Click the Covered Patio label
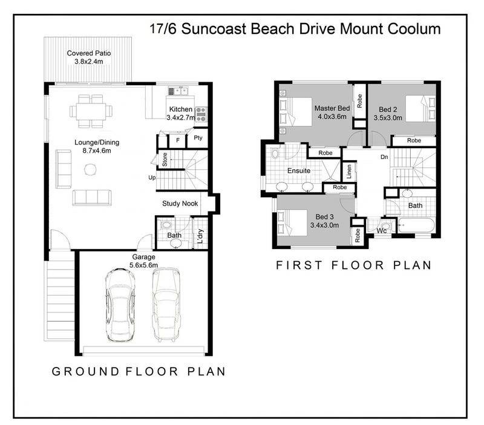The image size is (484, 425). tap(88, 53)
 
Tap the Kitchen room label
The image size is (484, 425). tap(180, 109)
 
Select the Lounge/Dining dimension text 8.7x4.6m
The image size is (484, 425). tap(97, 151)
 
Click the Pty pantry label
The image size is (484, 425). tap(198, 138)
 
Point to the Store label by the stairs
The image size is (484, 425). tap(165, 160)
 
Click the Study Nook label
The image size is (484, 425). tap(180, 203)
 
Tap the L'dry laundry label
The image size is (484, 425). tap(200, 236)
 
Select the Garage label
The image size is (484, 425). tap(143, 256)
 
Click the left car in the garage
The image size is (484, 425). tap(120, 305)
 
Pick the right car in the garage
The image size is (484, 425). tap(166, 304)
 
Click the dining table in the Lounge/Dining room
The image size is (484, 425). tap(91, 111)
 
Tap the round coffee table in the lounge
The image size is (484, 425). tap(90, 169)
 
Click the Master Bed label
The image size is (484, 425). tap(332, 108)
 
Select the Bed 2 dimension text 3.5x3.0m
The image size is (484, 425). tap(388, 117)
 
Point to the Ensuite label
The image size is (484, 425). tap(299, 170)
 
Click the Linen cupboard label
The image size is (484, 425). tap(349, 172)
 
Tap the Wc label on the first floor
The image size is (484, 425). tap(382, 231)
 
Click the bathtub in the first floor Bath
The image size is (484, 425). tap(416, 225)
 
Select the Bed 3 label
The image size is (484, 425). tap(324, 217)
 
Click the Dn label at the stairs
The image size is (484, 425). tap(384, 157)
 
